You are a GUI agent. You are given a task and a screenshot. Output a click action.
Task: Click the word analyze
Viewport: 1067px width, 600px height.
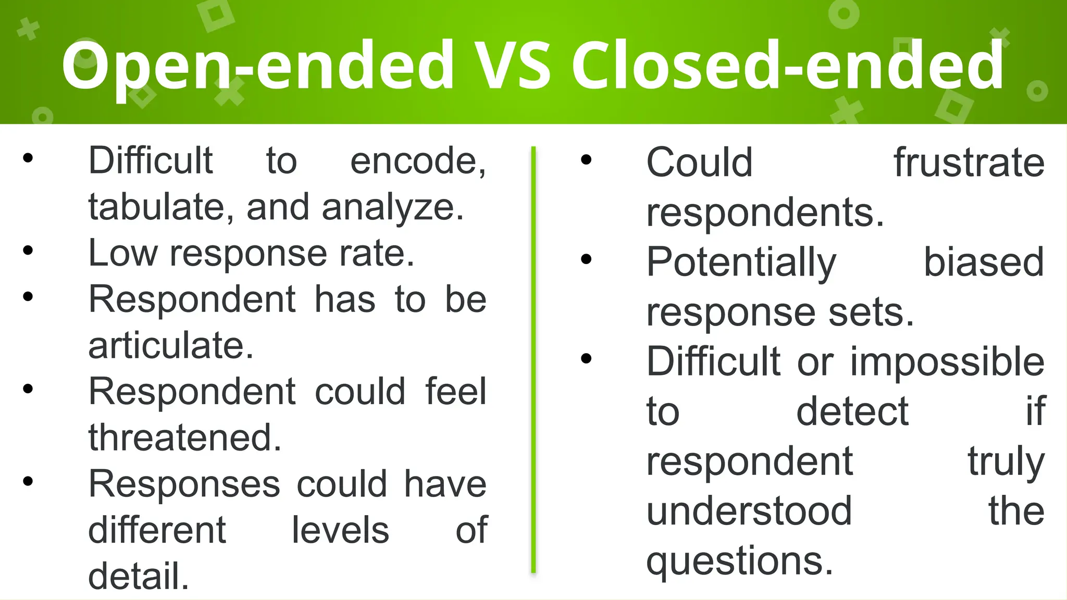[x=392, y=208]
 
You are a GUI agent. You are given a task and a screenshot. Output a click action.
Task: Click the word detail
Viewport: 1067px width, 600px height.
[x=139, y=576]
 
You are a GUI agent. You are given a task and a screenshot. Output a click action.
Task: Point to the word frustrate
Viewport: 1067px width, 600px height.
[x=969, y=162]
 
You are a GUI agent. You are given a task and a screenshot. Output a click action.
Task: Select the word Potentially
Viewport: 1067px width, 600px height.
[x=741, y=263]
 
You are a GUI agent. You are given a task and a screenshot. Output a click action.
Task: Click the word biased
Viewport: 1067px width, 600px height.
[x=984, y=262]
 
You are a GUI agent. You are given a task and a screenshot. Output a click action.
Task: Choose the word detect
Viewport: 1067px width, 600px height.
[x=852, y=411]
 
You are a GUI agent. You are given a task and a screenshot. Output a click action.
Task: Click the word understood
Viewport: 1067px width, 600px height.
[x=749, y=511]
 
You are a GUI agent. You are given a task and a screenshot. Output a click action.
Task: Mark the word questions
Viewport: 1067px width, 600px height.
[x=740, y=561]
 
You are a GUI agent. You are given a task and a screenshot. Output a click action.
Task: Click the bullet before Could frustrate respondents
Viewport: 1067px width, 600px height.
[x=586, y=160]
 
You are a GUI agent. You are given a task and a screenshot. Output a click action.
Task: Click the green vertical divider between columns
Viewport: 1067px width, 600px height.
[x=533, y=359]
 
